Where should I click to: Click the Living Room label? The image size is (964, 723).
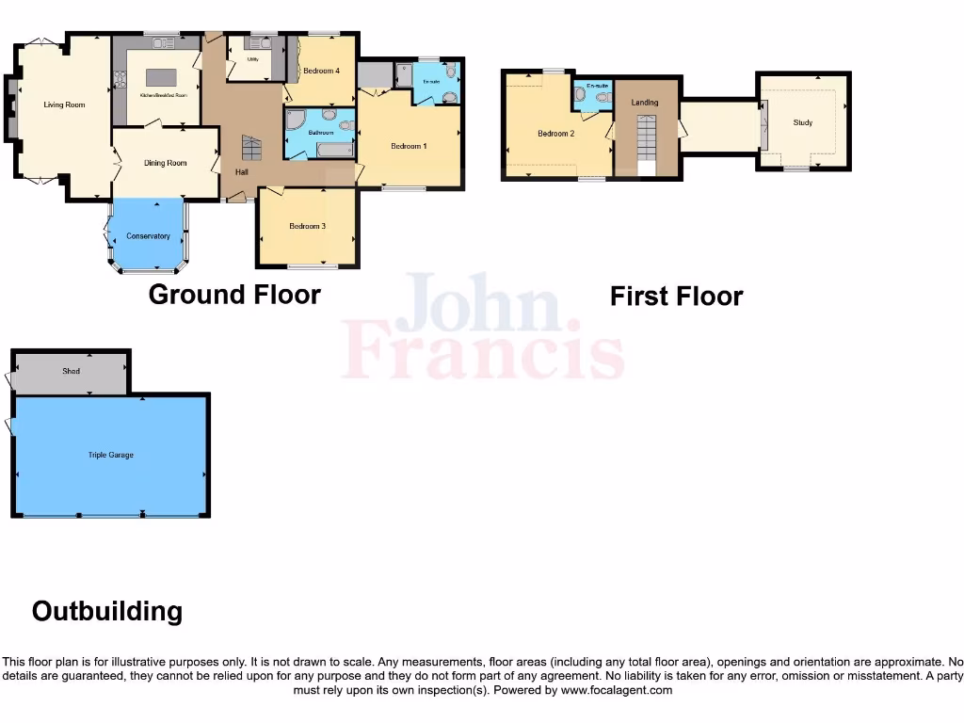point(64,104)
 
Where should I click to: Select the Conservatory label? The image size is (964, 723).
point(148,236)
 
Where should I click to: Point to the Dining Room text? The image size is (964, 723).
point(165,163)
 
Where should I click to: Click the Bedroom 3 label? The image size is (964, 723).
point(307,226)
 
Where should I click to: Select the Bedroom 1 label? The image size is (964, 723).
point(409,146)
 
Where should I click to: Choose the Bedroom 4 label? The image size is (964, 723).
point(320,72)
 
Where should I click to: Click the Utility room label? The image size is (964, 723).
point(252,59)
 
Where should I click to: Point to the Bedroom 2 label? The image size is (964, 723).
point(555,134)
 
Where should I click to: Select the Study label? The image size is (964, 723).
point(802,122)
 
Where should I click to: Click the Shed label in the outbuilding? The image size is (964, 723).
point(71,371)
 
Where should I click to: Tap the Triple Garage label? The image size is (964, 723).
point(111,455)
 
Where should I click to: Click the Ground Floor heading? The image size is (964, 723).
point(234,295)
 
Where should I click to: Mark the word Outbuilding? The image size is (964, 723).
point(107,612)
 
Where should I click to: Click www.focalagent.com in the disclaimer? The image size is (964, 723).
point(617,690)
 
